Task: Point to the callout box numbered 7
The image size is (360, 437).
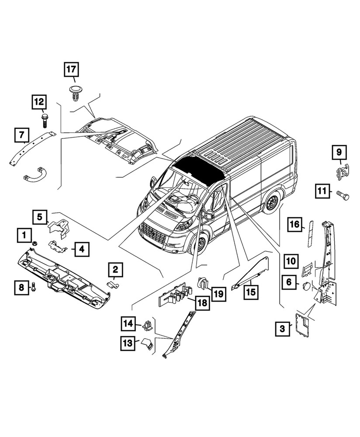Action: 21,135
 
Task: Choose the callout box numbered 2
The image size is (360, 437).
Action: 116,269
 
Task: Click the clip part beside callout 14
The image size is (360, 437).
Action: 147,325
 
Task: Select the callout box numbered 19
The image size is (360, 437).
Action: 218,294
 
